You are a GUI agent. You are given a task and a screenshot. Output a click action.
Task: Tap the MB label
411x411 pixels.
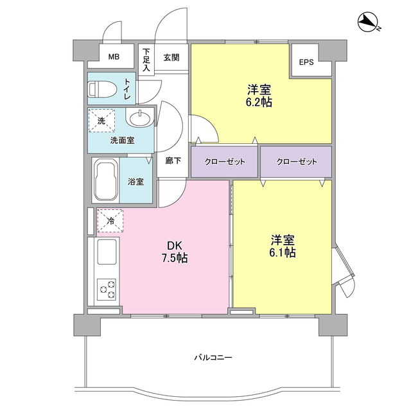pos(114,57)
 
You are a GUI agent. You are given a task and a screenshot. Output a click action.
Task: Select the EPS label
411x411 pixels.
pos(306,62)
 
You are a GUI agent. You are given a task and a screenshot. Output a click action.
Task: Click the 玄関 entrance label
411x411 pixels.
pos(171,58)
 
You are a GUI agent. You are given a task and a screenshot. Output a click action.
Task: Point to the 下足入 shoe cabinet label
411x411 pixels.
pos(146,60)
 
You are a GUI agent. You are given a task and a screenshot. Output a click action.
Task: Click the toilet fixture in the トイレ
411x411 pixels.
pos(102,89)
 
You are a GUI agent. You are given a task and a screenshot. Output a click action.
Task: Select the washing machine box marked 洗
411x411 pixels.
pos(101,120)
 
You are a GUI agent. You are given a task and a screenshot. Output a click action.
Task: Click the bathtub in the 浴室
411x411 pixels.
pos(105,180)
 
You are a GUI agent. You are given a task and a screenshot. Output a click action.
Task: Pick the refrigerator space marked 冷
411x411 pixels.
pos(110,221)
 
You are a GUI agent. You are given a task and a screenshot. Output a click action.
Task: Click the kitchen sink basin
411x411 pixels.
pos(107,252)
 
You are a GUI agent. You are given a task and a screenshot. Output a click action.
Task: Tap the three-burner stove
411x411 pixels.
pos(107,290)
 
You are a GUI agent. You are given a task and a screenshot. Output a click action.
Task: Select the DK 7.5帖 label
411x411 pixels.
pos(175,252)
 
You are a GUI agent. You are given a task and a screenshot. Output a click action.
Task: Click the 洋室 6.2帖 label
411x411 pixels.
pos(259,96)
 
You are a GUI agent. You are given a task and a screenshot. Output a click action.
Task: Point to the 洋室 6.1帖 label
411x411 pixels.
pos(283,247)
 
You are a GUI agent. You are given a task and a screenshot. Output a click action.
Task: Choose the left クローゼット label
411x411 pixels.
pos(225,162)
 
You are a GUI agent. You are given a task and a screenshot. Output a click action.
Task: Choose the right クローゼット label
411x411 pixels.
pos(297,162)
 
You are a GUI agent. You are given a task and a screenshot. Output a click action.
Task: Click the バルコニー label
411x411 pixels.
pos(213,357)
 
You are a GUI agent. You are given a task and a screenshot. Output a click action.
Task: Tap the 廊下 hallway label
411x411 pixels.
pos(173,161)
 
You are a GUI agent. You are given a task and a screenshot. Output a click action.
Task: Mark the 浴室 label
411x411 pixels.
pos(136,181)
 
